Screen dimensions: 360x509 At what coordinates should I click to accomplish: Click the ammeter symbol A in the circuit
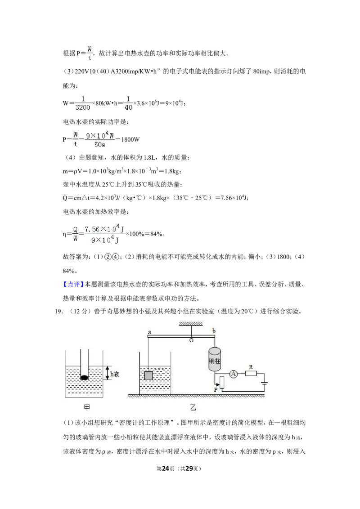[x=233, y=374]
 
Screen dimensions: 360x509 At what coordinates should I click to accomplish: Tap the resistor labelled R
[x=251, y=374]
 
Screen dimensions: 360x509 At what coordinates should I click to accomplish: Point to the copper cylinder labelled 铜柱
[x=215, y=359]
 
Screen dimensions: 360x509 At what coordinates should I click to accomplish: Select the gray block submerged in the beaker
[x=148, y=375]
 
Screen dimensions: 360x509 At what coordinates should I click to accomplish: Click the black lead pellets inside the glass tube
[x=85, y=378]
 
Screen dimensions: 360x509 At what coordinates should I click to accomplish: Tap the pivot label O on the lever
[x=191, y=340]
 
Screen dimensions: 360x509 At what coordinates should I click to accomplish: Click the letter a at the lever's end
[x=149, y=332]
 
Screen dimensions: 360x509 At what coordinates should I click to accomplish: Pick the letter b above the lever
[x=214, y=331]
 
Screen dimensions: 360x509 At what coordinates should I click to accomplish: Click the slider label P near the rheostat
[x=216, y=389]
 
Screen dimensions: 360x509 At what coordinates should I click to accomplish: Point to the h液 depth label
[x=115, y=374]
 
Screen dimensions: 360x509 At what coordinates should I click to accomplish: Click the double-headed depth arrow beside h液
[x=108, y=373]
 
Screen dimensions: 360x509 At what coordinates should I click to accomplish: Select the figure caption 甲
[x=87, y=407]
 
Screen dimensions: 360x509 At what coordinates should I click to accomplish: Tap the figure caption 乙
[x=193, y=407]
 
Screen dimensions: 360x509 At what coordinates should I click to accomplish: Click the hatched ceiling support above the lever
[x=191, y=324]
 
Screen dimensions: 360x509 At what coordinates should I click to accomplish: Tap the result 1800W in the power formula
[x=130, y=139]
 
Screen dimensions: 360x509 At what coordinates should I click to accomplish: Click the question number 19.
[x=58, y=311]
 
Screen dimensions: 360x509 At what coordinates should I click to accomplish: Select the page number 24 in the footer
[x=166, y=469]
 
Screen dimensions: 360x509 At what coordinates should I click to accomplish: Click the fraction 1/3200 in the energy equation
[x=83, y=103]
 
